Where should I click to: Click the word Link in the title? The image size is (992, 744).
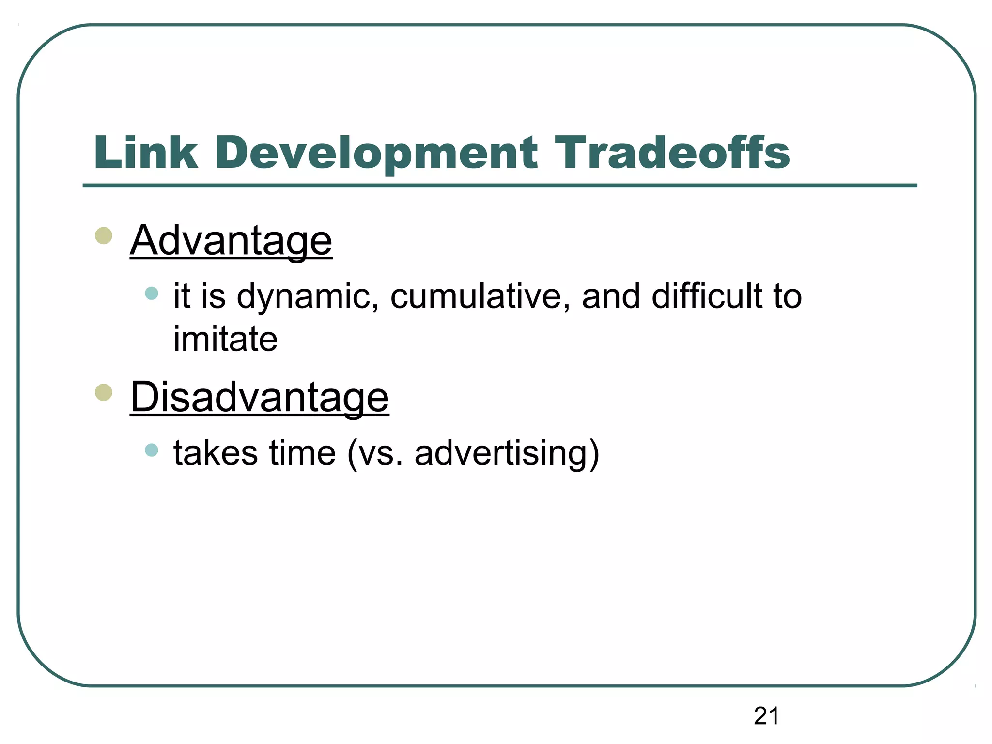(x=146, y=153)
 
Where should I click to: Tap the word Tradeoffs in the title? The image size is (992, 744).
(x=672, y=153)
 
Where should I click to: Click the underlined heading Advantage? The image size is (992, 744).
(x=231, y=241)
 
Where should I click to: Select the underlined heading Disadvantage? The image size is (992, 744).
(x=260, y=398)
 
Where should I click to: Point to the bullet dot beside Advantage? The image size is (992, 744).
(x=104, y=236)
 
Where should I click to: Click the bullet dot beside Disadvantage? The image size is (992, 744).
(x=104, y=392)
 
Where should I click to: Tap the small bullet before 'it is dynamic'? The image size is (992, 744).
(x=152, y=293)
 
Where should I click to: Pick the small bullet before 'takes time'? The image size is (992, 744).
(x=152, y=450)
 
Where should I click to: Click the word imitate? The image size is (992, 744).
(x=226, y=339)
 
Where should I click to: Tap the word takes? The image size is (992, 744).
(x=216, y=453)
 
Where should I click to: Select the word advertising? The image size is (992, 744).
(x=501, y=453)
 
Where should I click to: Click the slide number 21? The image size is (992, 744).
(x=766, y=716)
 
